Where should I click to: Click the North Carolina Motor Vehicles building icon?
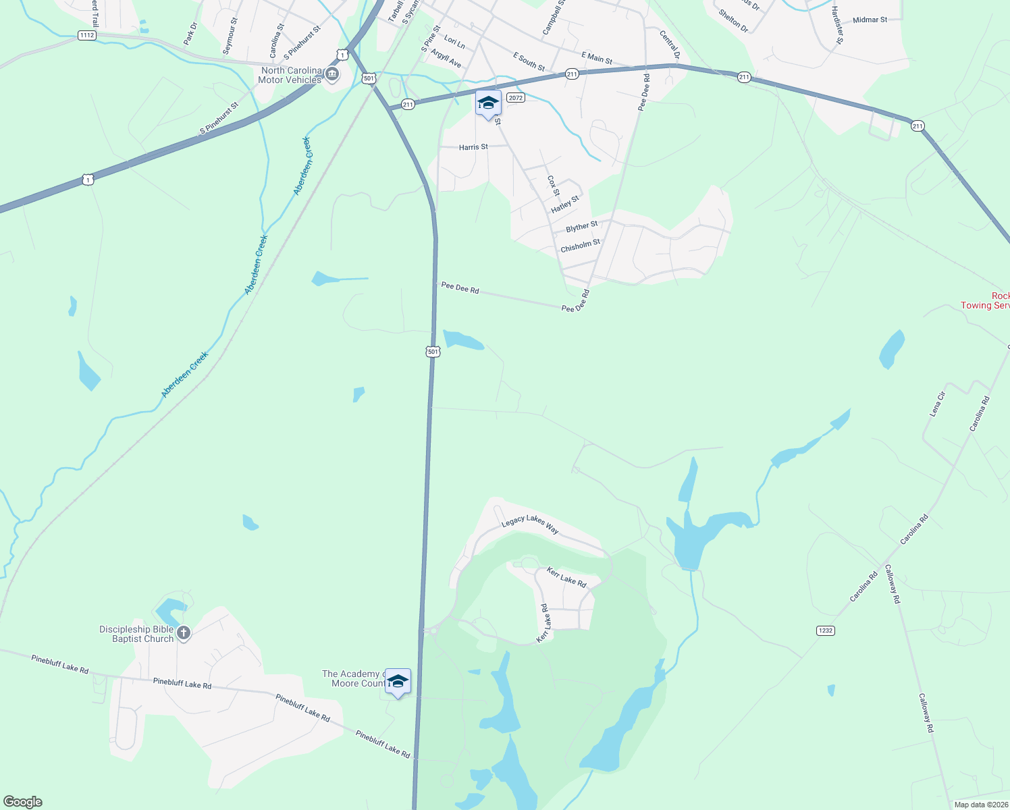(331, 74)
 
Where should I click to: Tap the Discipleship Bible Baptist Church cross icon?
(184, 633)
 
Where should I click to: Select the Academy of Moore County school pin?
(398, 682)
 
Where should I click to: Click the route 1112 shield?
(86, 35)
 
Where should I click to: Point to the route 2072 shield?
(516, 98)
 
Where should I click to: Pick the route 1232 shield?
(825, 630)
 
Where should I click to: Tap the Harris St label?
(473, 147)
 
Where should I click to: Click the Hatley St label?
(565, 205)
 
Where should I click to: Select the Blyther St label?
(581, 227)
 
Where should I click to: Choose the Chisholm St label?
(580, 246)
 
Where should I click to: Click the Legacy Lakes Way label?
(530, 524)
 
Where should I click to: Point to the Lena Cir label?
(938, 403)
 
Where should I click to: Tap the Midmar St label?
(870, 20)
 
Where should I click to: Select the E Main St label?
(597, 58)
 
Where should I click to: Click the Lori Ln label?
(454, 43)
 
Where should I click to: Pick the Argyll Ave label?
(446, 59)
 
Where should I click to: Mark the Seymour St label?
(230, 36)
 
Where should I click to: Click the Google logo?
(23, 802)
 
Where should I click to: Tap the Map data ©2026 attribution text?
(980, 805)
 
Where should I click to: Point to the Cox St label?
(553, 186)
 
